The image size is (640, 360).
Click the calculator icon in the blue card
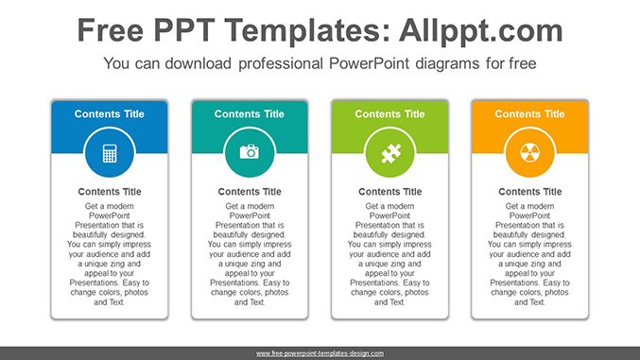click(110, 152)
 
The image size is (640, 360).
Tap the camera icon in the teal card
click(250, 152)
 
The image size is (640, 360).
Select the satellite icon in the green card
click(389, 152)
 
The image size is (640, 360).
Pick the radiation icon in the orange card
click(529, 152)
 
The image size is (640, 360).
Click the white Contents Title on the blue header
click(110, 114)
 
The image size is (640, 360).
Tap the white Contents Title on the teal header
click(250, 114)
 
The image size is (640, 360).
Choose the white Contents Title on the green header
click(389, 114)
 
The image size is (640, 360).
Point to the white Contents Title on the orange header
click(529, 114)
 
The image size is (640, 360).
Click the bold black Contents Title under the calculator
click(110, 192)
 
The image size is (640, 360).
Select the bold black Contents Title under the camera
click(250, 192)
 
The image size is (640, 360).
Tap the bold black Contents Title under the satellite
click(389, 192)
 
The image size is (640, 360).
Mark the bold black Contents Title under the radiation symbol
click(529, 192)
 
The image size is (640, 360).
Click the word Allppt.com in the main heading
click(482, 30)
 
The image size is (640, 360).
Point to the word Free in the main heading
click(112, 30)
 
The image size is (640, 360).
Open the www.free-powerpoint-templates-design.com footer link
click(320, 352)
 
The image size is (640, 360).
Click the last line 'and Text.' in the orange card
click(529, 302)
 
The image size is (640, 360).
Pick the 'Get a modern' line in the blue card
click(110, 206)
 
